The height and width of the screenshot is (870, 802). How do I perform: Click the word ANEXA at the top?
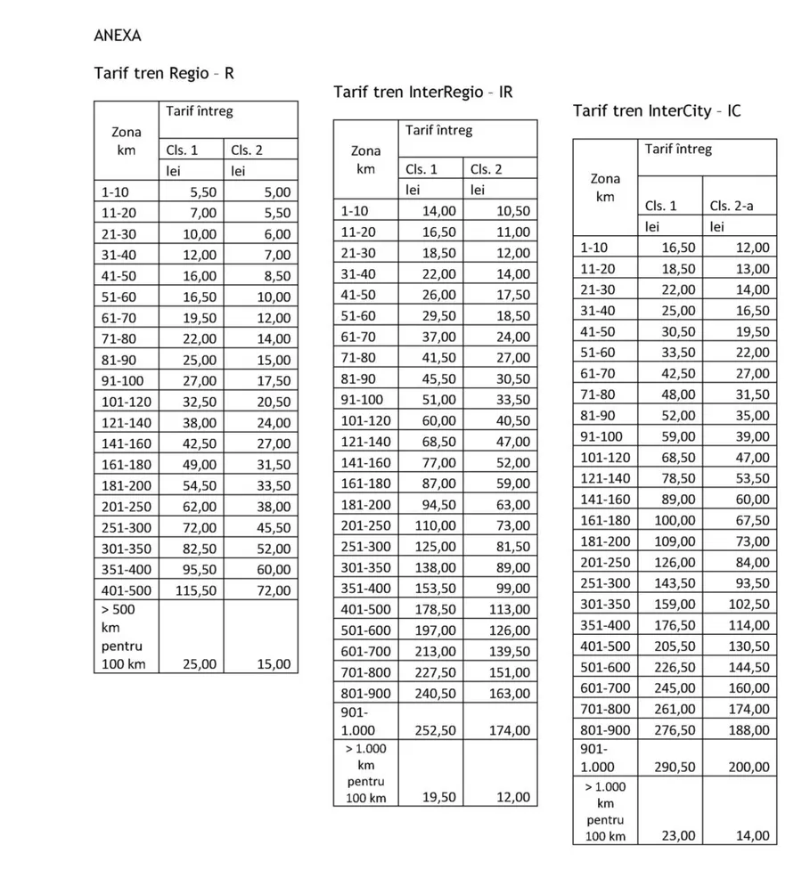pyautogui.click(x=117, y=37)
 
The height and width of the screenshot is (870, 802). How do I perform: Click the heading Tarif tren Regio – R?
pyautogui.click(x=164, y=73)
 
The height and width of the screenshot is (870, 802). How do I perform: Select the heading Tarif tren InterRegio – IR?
pyautogui.click(x=422, y=92)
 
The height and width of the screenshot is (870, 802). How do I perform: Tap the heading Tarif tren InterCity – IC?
pyautogui.click(x=657, y=110)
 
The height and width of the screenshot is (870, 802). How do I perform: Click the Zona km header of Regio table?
pyautogui.click(x=126, y=142)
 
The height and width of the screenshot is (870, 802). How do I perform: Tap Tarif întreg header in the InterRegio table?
pyautogui.click(x=438, y=131)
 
